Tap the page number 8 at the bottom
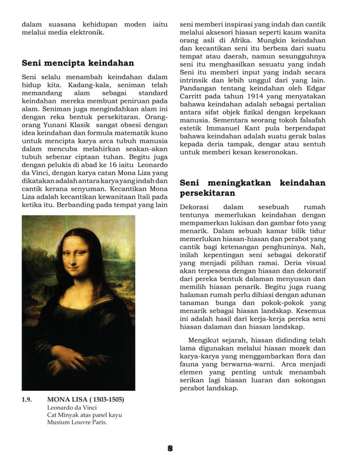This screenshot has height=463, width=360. [169, 448]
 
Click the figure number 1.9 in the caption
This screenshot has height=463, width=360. [27, 400]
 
